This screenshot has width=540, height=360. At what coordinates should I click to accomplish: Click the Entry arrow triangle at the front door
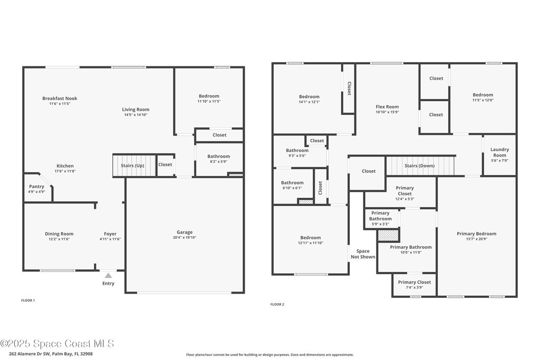coord(108,275)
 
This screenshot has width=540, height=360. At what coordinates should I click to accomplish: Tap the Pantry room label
coord(36,187)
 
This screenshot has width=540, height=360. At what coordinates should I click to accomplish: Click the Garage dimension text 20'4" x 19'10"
coord(185,238)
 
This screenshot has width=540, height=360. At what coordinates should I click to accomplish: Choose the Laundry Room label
coord(499,152)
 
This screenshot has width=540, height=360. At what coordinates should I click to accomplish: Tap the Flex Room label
coord(387,106)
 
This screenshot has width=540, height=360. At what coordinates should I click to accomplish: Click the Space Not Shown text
coord(363,254)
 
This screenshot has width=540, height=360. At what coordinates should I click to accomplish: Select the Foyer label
coord(110,233)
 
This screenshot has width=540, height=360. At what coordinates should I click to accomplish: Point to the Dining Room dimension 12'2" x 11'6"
coord(59,239)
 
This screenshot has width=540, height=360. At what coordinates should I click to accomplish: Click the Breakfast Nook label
coord(60,99)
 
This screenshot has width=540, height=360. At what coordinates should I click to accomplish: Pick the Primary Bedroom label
coord(477,233)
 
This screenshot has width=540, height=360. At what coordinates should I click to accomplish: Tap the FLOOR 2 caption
coord(277,304)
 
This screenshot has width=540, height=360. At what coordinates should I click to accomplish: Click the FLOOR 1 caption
coord(28,300)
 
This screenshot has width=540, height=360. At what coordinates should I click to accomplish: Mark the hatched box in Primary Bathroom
coord(389,236)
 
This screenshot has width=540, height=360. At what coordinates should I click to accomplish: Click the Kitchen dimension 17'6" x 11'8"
coord(65,171)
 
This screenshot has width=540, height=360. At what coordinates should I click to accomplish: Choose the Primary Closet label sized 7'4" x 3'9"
coord(414,282)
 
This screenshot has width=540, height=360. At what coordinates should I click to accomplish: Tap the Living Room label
coord(136,110)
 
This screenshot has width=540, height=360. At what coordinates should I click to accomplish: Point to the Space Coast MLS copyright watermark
coord(57,344)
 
